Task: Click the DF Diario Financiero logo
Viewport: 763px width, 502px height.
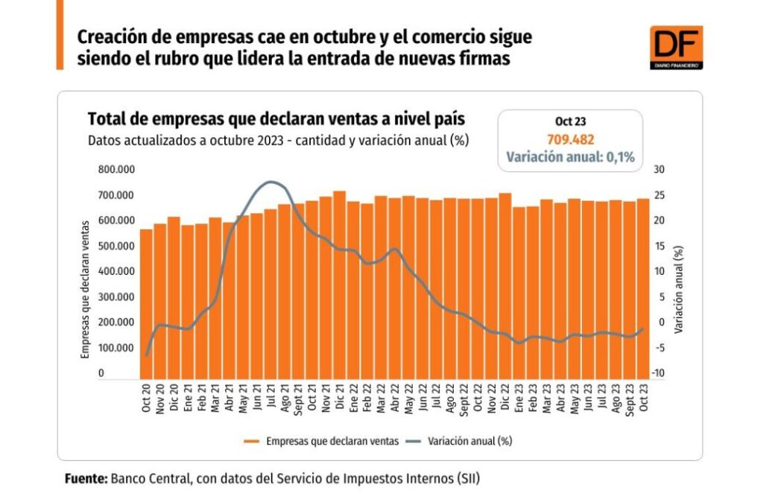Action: (676, 47)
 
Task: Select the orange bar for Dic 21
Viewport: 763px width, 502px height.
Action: (339, 283)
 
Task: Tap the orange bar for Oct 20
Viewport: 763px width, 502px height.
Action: (146, 302)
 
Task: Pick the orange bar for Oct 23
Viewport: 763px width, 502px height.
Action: (642, 287)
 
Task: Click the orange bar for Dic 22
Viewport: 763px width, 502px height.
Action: (526, 285)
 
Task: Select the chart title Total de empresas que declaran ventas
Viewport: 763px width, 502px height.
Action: (276, 119)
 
